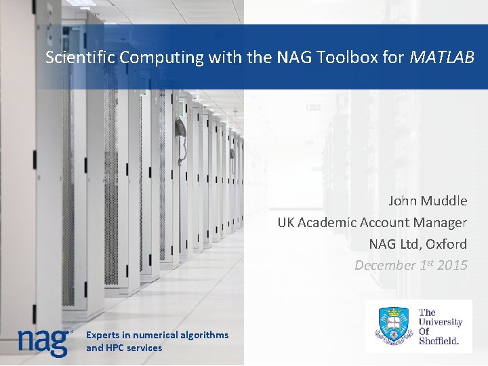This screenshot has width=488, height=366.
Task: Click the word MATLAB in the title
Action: (x=443, y=58)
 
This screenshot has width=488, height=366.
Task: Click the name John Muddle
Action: (x=428, y=201)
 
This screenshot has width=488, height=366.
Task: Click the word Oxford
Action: (x=445, y=243)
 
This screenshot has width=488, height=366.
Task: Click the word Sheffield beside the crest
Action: (x=439, y=341)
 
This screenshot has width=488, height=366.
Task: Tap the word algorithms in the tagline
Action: (x=204, y=335)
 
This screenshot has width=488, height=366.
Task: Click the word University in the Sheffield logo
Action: (x=441, y=322)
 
